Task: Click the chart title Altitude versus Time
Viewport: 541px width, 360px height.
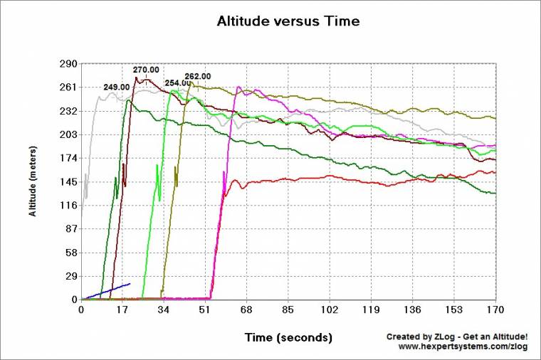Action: click(288, 21)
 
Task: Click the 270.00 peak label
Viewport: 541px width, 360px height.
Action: click(146, 70)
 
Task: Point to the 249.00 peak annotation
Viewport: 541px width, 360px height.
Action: click(116, 87)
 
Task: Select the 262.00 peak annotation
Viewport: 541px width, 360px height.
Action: click(197, 76)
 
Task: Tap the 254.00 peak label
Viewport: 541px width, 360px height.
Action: click(177, 83)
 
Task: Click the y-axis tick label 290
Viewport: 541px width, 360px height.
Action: click(68, 64)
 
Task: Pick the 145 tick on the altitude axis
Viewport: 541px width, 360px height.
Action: click(68, 182)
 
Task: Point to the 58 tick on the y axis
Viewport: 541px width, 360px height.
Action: click(70, 253)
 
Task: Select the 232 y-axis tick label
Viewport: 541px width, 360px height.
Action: click(68, 112)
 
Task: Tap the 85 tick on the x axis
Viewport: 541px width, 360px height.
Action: click(288, 310)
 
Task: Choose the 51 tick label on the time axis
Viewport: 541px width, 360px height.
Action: click(206, 310)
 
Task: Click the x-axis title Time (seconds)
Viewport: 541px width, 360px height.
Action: click(288, 336)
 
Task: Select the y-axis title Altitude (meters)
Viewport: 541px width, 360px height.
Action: click(33, 181)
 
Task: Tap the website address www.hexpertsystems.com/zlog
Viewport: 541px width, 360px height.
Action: click(463, 346)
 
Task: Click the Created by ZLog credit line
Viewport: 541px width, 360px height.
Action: click(456, 336)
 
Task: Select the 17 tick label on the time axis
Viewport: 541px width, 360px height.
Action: click(122, 310)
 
